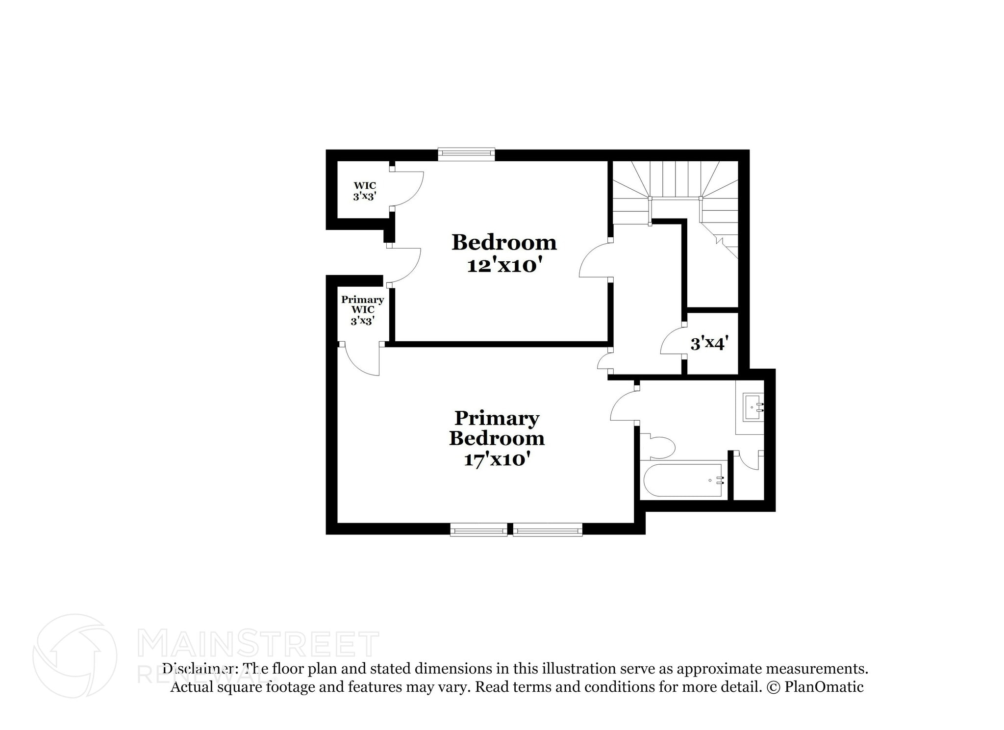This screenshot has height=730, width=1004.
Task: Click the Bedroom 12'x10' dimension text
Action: [x=504, y=266]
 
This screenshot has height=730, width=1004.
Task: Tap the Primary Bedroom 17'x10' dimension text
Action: [x=497, y=460]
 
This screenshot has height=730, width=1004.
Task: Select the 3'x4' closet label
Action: [x=706, y=344]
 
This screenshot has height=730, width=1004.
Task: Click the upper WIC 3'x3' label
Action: [x=365, y=191]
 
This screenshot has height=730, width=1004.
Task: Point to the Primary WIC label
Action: [x=363, y=310]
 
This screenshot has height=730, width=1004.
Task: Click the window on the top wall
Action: [x=466, y=154]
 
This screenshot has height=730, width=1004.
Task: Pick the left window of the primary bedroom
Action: [x=478, y=529]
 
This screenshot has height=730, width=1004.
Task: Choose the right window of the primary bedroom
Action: [x=548, y=529]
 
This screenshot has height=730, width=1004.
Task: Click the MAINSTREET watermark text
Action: [x=258, y=645]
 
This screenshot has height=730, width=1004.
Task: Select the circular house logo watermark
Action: [x=75, y=655]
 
